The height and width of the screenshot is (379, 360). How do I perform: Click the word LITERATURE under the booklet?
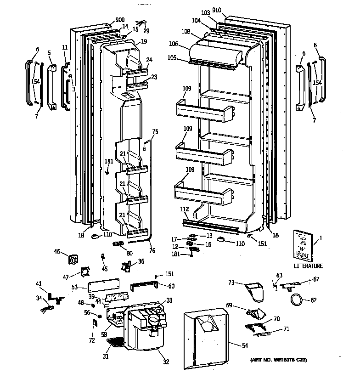(308, 266)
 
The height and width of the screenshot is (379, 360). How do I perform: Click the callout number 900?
(120, 20)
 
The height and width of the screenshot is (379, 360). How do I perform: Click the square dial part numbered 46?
(73, 259)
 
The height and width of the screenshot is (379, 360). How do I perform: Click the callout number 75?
(155, 131)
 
